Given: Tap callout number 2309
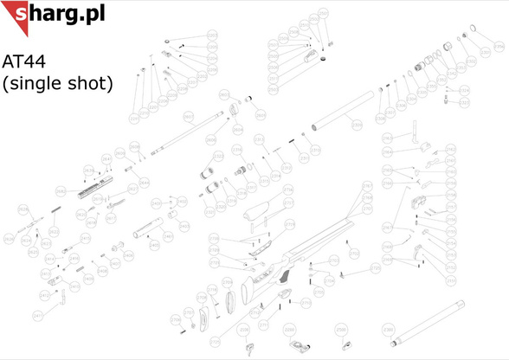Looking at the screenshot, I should pyautogui.click(x=356, y=125).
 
